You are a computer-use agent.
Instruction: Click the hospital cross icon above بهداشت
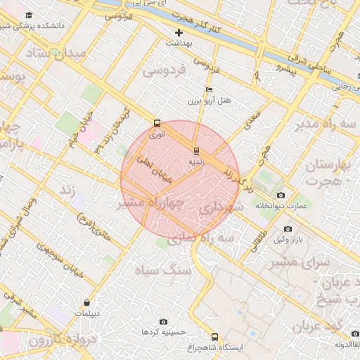(x=179, y=32)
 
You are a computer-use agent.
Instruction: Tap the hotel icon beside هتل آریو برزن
(x=208, y=90)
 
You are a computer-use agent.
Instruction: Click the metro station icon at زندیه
(x=195, y=150)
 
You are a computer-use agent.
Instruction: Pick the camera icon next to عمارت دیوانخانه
(x=281, y=195)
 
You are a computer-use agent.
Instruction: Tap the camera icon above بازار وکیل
(x=288, y=229)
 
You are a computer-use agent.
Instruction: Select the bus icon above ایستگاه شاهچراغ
(x=214, y=336)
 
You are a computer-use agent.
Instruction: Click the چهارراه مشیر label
(x=150, y=203)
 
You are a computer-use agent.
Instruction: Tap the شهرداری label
(x=221, y=209)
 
